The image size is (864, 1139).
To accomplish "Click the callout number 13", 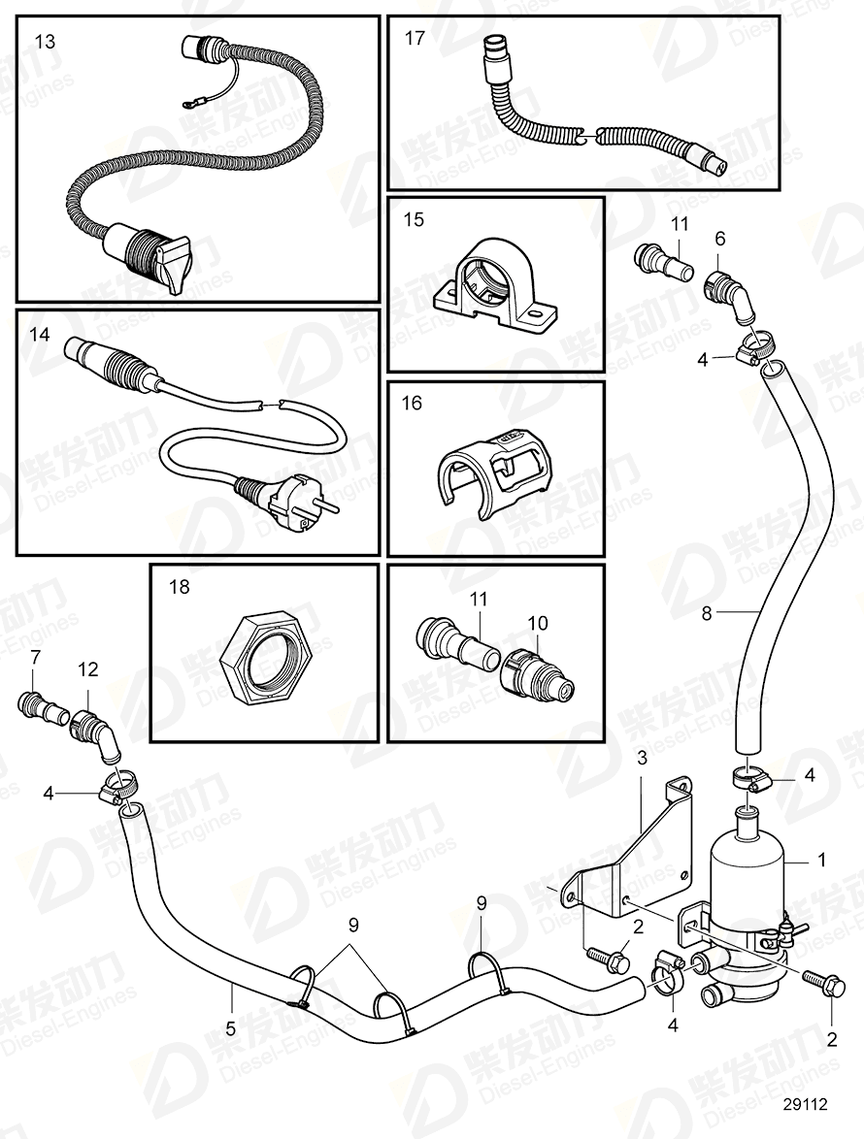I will pos(46,41).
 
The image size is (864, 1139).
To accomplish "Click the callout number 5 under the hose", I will pos(231,1025).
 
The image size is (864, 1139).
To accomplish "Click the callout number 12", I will pos(88,670).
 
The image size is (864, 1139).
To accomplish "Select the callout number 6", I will pos(719,238).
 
